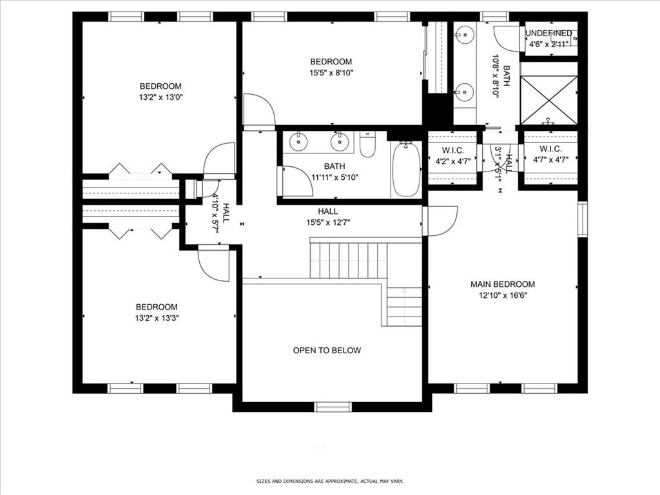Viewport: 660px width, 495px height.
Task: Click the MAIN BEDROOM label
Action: tap(502, 284)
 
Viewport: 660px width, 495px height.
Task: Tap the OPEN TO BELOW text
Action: tap(327, 351)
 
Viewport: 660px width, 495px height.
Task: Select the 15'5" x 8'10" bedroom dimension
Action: tap(331, 73)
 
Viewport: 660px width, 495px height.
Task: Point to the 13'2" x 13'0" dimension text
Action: tap(160, 97)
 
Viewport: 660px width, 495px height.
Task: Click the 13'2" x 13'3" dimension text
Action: tap(156, 318)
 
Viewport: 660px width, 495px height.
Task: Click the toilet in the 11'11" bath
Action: tap(367, 145)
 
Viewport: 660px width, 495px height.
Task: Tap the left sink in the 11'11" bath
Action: tap(298, 141)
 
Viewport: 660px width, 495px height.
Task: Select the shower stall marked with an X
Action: tap(548, 99)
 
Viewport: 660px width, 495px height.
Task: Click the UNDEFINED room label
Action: tap(548, 34)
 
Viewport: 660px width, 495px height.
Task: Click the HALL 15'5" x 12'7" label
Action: tap(327, 211)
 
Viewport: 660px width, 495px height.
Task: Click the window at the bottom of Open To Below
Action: tap(333, 407)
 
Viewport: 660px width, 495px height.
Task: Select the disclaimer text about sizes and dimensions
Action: tap(329, 481)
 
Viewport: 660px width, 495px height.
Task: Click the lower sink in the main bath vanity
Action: tap(463, 92)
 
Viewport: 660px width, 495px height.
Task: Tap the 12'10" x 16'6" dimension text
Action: tap(502, 296)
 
